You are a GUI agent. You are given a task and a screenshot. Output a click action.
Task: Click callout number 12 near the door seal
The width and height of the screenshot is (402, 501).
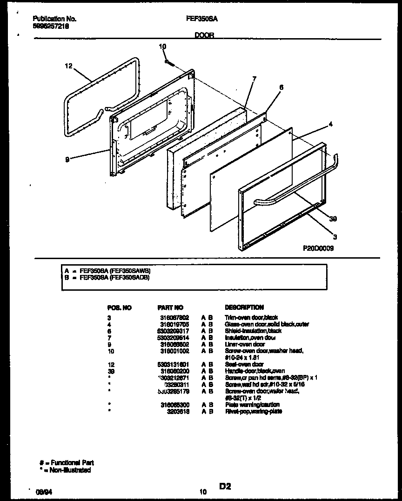(x=69, y=67)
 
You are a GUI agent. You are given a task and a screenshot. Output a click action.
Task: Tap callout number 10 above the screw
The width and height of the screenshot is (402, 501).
(x=162, y=47)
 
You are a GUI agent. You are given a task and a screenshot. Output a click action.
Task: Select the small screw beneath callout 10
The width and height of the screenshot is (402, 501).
(x=169, y=62)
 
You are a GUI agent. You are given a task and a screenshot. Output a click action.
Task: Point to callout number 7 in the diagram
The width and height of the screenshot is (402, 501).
(x=254, y=79)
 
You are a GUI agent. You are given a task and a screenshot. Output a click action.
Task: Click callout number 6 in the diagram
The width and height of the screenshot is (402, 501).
(x=281, y=87)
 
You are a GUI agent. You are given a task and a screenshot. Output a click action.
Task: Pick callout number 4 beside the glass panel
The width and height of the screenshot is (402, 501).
(x=330, y=124)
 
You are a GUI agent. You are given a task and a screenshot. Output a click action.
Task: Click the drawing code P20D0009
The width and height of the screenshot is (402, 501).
(x=318, y=248)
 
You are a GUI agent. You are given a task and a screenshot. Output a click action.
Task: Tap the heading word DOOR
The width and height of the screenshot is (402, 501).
(x=204, y=35)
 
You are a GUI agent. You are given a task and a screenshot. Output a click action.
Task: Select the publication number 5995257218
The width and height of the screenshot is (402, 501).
(x=52, y=27)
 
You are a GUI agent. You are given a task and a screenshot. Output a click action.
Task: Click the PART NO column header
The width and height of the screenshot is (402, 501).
(x=170, y=307)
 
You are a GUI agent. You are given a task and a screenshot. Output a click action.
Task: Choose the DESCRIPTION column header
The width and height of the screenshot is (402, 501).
(x=244, y=307)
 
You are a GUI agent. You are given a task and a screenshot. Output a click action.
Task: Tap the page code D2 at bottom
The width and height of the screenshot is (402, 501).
(x=225, y=487)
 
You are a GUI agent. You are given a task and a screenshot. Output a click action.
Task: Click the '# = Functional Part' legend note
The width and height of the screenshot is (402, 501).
(x=67, y=462)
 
